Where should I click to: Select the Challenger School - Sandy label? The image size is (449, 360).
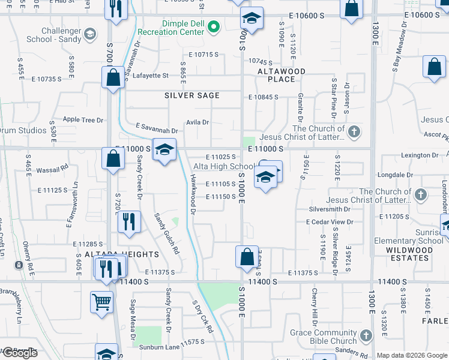53,35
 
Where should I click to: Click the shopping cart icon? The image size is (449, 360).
102,302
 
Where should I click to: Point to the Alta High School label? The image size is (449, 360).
224,166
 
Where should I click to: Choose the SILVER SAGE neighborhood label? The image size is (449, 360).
192,95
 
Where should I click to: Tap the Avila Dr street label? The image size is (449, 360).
197,122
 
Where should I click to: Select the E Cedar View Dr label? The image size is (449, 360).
330,222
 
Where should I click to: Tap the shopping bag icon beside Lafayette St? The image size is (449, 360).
113,78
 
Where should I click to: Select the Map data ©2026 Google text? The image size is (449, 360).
412,355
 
